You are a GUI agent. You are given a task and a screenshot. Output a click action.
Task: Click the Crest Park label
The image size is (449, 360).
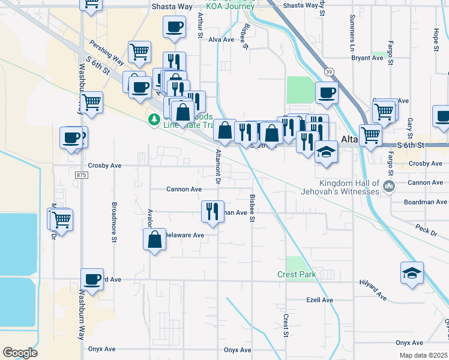(297, 274)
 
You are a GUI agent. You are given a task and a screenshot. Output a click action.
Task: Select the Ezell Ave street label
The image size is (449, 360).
(319, 300)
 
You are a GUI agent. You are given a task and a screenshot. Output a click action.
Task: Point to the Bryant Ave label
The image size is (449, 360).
(367, 58)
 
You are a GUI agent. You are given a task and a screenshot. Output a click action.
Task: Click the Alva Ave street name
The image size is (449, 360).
(221, 40)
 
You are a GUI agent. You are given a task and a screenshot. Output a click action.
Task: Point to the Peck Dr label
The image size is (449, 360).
(426, 229)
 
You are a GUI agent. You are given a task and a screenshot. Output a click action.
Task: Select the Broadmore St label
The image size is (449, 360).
(114, 214)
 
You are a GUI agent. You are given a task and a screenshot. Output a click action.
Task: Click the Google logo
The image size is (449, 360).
(20, 353)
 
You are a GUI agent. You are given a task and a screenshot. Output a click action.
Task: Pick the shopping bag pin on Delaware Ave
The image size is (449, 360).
(154, 239)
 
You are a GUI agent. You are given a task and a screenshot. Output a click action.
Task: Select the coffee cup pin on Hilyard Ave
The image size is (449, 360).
(92, 279)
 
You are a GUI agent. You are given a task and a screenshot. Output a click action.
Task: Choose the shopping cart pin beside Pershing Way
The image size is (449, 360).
(139, 52)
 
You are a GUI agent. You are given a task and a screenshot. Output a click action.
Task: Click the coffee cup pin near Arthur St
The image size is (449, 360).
(174, 26)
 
